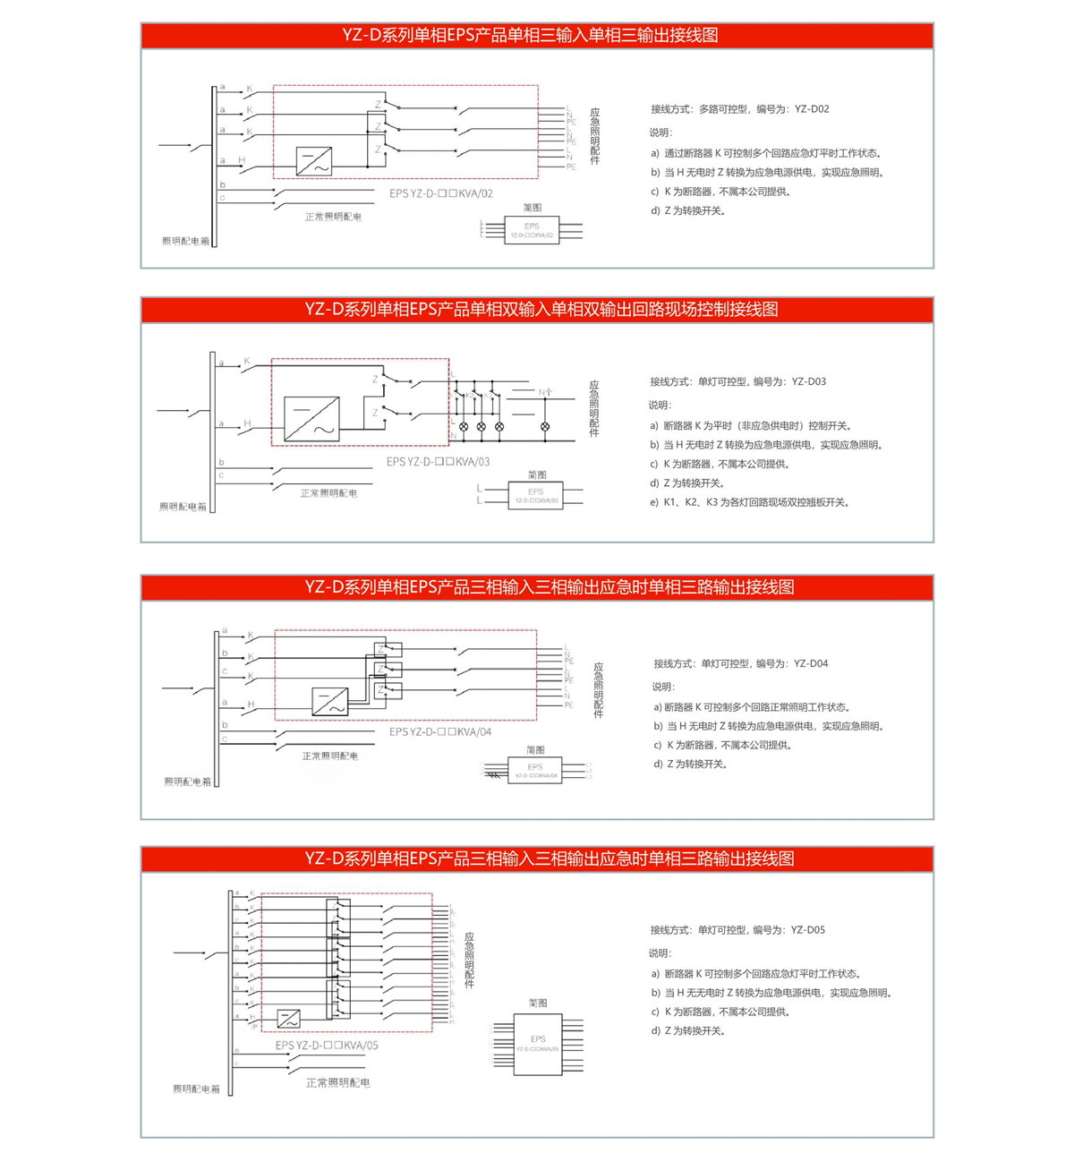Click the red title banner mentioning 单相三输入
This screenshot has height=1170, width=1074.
point(536,36)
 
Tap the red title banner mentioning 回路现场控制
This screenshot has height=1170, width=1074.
point(536,310)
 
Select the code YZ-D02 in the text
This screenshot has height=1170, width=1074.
point(812,109)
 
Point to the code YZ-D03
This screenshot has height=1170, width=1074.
point(809,381)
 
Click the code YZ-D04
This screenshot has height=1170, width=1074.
point(811,663)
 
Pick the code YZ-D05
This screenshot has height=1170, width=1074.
point(808,930)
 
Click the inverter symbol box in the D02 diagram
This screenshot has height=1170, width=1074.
point(314,161)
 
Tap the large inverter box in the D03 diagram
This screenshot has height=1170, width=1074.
point(311,418)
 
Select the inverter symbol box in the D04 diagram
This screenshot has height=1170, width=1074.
point(329,701)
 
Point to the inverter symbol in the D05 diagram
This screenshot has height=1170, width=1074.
point(288,1019)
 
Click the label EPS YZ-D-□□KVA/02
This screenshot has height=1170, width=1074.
point(440,193)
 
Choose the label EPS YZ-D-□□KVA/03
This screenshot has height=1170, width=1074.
point(438,462)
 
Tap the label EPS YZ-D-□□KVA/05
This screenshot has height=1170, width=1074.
point(327,1045)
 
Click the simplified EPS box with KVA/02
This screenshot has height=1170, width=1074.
point(532,230)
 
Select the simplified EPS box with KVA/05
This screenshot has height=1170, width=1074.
point(538,1044)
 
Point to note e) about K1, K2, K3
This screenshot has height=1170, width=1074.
point(750,502)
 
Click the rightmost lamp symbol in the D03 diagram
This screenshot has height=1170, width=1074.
point(545,427)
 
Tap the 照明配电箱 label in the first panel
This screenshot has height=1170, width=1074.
point(185,241)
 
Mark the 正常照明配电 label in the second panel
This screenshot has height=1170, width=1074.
point(328,492)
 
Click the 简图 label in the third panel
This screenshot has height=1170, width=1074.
point(535,749)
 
